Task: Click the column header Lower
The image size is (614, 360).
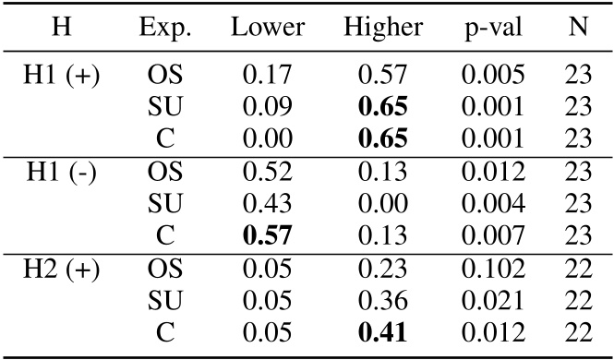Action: click(x=268, y=29)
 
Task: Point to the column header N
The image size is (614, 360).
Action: click(x=577, y=29)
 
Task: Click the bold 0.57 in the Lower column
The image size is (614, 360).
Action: click(x=268, y=235)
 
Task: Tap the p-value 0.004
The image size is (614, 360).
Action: click(x=493, y=204)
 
